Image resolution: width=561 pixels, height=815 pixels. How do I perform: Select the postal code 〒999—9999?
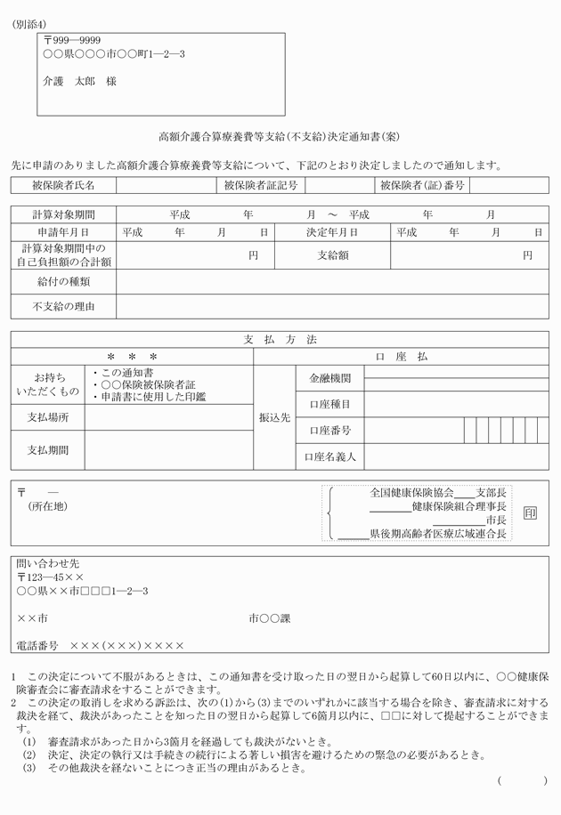[x=72, y=41]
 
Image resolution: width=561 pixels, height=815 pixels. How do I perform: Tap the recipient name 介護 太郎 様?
[x=79, y=81]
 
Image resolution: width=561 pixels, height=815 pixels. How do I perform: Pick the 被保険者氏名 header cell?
[x=63, y=185]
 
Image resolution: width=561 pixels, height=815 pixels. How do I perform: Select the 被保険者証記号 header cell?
[x=262, y=185]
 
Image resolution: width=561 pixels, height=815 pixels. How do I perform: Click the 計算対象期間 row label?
[x=63, y=214]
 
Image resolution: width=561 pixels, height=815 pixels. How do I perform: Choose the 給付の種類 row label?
[x=63, y=282]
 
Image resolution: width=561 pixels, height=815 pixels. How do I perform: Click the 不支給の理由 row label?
[x=63, y=306]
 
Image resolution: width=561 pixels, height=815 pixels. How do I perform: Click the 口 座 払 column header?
[x=402, y=356]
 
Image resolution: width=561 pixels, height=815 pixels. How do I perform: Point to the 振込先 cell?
[x=275, y=416]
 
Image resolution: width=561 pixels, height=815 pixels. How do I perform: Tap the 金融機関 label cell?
[x=329, y=378]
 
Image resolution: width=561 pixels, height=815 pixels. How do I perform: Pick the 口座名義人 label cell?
[x=329, y=457]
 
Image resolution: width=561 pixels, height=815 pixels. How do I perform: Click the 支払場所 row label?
[x=48, y=417]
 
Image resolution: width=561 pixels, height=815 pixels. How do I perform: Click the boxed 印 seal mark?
[x=530, y=514]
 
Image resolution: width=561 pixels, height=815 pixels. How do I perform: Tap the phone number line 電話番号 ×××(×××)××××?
[x=101, y=645]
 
